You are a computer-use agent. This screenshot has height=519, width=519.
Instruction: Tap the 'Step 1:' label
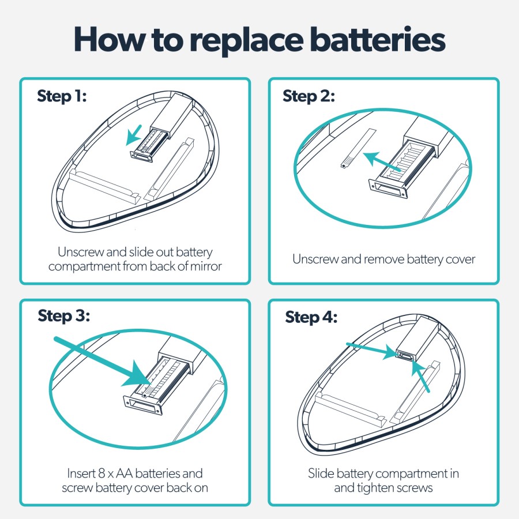pyautogui.click(x=62, y=96)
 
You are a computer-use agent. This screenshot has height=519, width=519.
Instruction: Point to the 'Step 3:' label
pyautogui.click(x=64, y=316)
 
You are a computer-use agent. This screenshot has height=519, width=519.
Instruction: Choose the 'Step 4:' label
pyautogui.click(x=311, y=317)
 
